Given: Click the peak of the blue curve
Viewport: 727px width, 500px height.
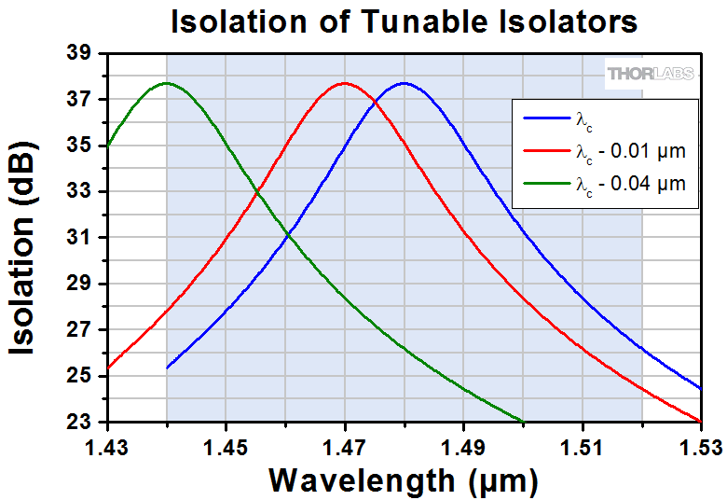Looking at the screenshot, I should [x=404, y=83].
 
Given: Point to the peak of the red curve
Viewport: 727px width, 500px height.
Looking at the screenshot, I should [x=345, y=83].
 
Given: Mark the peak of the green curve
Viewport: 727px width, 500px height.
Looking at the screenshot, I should [x=167, y=83].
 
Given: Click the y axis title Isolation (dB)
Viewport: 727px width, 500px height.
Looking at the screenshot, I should [x=28, y=247].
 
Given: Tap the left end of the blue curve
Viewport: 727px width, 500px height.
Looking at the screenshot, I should [x=168, y=368].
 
